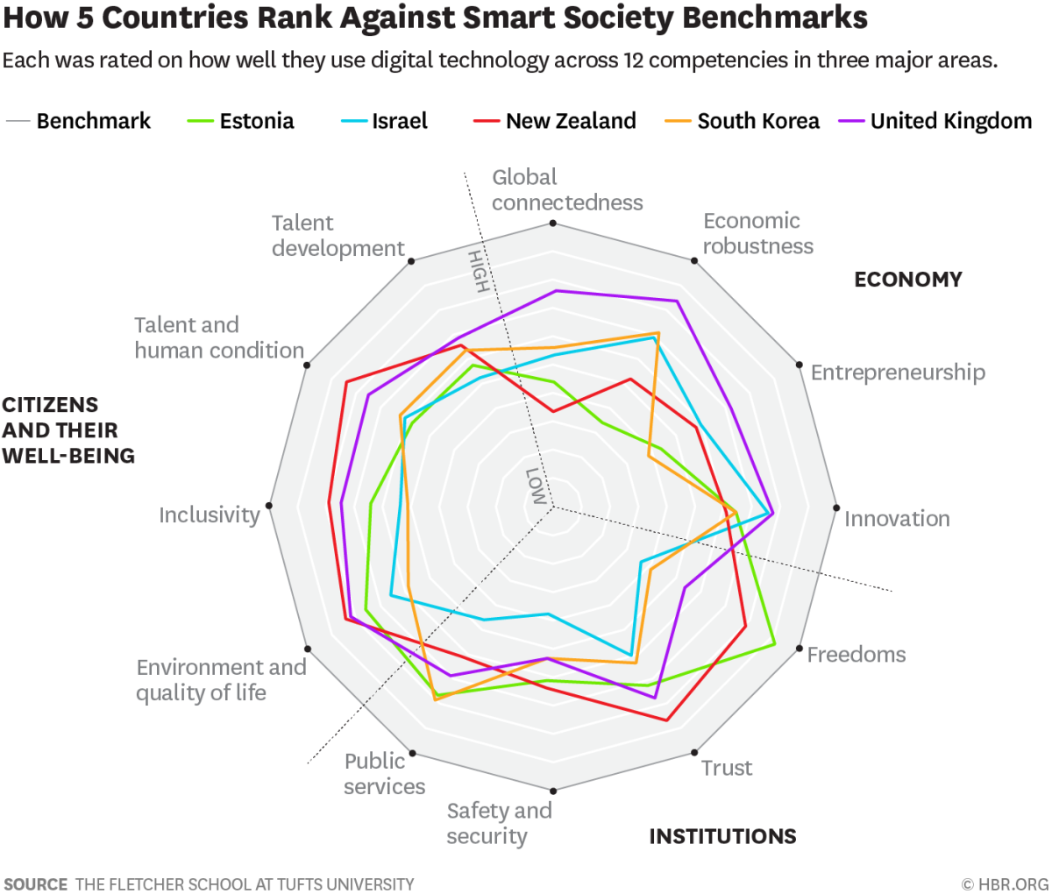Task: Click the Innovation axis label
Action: point(897,519)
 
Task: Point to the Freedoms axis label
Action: point(856,655)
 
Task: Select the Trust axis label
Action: point(727,768)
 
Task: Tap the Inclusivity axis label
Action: point(209,515)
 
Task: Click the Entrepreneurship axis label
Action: point(897,372)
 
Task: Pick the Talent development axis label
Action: point(338,236)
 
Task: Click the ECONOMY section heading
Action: point(907,280)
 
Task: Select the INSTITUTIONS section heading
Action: point(722,836)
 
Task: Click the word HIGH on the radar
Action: point(478,271)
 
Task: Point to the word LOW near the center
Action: point(535,486)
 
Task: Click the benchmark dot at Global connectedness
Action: point(553,223)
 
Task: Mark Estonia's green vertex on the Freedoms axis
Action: point(775,645)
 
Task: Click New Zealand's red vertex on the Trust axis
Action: point(666,720)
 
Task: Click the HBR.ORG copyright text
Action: point(1005,883)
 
